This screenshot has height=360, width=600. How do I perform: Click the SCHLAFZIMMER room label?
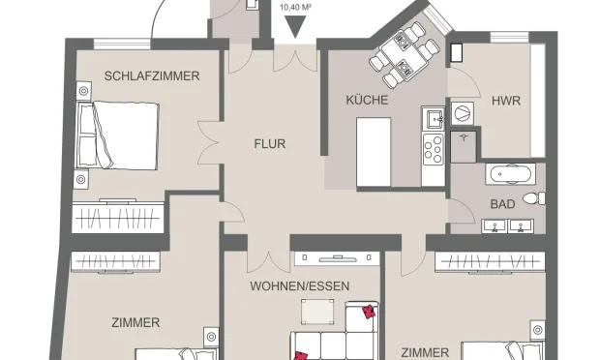[152, 75]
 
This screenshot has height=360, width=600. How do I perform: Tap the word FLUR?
[270, 144]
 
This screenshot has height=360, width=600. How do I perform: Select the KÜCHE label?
[367, 100]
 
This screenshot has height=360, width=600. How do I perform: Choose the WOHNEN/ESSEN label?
[299, 286]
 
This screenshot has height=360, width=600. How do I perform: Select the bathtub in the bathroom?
[508, 176]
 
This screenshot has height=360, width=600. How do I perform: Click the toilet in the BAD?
[531, 199]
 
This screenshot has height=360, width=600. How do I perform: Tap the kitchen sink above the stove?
[433, 120]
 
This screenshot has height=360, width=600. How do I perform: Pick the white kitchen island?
[374, 143]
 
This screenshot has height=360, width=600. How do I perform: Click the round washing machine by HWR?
[464, 113]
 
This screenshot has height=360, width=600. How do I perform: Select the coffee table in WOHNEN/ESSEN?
[315, 312]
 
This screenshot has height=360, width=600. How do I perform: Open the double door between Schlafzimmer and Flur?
[207, 143]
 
